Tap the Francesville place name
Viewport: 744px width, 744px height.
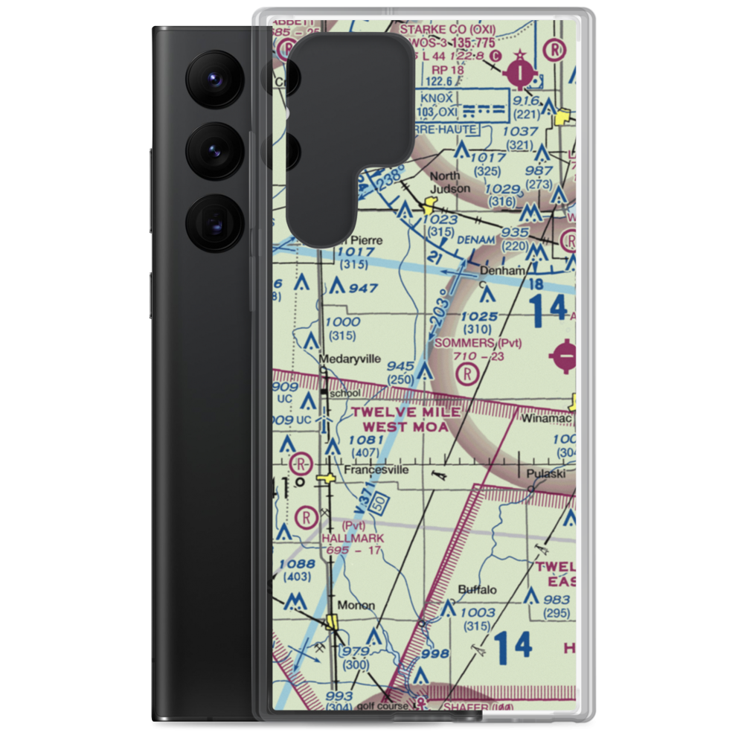[x=376, y=470]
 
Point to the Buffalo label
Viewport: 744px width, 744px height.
[x=477, y=590]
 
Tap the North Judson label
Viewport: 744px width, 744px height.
[x=451, y=182]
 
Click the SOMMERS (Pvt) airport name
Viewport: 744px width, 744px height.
[x=487, y=343]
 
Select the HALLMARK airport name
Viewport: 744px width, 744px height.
[x=353, y=537]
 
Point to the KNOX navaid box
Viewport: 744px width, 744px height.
[x=436, y=105]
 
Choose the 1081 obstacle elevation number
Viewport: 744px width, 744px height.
[x=365, y=440]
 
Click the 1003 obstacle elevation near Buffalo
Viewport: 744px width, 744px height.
[x=477, y=612]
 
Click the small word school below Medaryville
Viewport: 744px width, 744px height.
[x=344, y=393]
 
